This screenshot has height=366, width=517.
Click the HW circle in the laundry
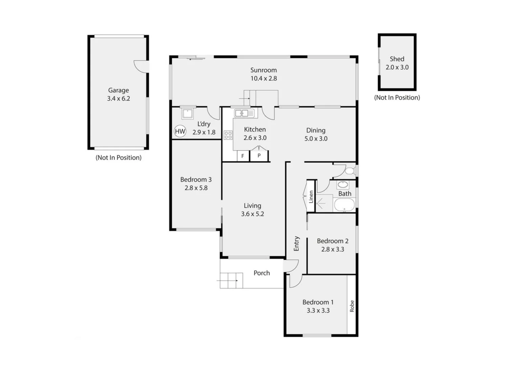coord(180,131)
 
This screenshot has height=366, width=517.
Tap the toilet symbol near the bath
coord(350,170)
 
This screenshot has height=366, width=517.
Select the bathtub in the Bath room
coord(344,205)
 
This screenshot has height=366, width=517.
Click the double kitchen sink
coord(244,113)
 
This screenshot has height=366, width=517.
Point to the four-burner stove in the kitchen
coord(228,135)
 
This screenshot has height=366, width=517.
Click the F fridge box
coord(243,156)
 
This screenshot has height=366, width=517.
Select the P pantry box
coord(259,156)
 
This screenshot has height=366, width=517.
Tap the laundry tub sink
coord(187,114)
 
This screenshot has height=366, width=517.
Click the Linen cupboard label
coord(311,197)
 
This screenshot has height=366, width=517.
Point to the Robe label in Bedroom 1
coord(352,306)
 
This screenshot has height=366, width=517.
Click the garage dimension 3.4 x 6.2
coord(119,99)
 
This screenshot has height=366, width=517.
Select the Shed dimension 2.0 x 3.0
coord(397,67)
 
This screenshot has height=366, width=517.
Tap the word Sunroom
coord(263,70)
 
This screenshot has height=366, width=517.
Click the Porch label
coord(262,273)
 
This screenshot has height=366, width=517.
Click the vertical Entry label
coord(297,244)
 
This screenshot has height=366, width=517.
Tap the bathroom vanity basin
coord(343,185)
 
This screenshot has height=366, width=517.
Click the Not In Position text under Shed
coord(397,98)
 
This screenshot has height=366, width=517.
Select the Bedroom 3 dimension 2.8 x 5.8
coord(196,188)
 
